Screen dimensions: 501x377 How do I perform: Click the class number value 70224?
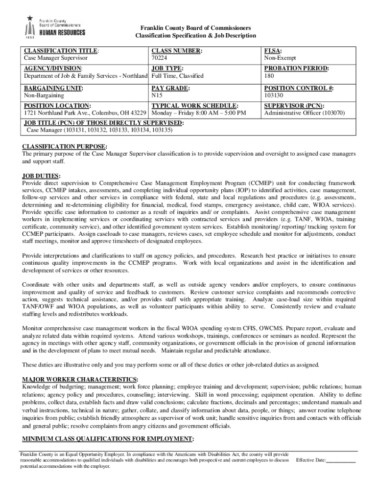pos(160,58)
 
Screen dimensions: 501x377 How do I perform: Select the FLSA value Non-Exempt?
pos(280,58)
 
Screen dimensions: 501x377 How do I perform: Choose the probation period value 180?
pos(269,76)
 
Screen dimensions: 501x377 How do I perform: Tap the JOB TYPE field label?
pos(167,69)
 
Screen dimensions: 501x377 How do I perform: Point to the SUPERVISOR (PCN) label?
pos(294,106)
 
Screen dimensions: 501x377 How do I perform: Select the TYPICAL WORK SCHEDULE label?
pos(195,106)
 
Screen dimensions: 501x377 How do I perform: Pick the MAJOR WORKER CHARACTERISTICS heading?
pos(80,379)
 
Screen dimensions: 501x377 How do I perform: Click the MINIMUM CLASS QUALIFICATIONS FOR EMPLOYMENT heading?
pos(108,438)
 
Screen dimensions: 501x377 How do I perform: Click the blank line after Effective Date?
pos(341,460)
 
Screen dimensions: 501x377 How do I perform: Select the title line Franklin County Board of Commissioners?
pos(195,28)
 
